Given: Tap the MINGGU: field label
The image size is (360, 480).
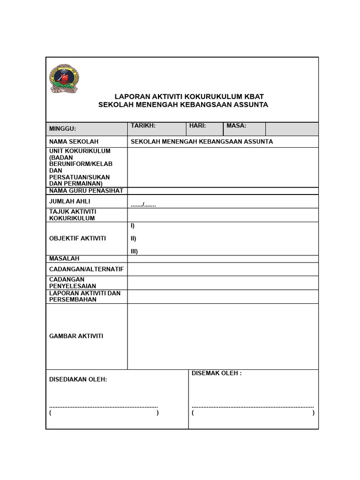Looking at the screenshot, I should pos(62,129).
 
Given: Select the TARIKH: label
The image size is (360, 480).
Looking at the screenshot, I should pos(143,126).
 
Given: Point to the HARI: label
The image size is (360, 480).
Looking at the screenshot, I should pos(197,126).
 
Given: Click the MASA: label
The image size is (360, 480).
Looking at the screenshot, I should pos(236,126).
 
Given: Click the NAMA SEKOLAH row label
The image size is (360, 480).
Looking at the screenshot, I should pos(74,142).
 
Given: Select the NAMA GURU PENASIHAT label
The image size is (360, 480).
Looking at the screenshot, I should pos(86,191).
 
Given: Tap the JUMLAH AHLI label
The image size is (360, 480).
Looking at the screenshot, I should pos(69,201).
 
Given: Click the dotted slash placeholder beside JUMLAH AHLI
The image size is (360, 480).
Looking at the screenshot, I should pos(143,204).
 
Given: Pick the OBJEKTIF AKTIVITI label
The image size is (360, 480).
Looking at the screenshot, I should pos(77,238).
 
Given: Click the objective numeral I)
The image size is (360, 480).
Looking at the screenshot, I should pos(133,225).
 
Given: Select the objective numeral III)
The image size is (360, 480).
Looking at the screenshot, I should pos(134,251).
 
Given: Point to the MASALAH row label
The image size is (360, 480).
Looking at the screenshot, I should pos(64,258).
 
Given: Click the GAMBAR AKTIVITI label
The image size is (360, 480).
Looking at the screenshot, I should pos(76,336).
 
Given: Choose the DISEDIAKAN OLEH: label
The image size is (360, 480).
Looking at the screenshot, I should pos(78,379).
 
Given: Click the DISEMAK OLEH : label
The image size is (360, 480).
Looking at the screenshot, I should pos(217,373).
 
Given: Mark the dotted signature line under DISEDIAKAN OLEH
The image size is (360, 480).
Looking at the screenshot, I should pos(104,406).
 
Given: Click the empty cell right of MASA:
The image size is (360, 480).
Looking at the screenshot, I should pos(292,129).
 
